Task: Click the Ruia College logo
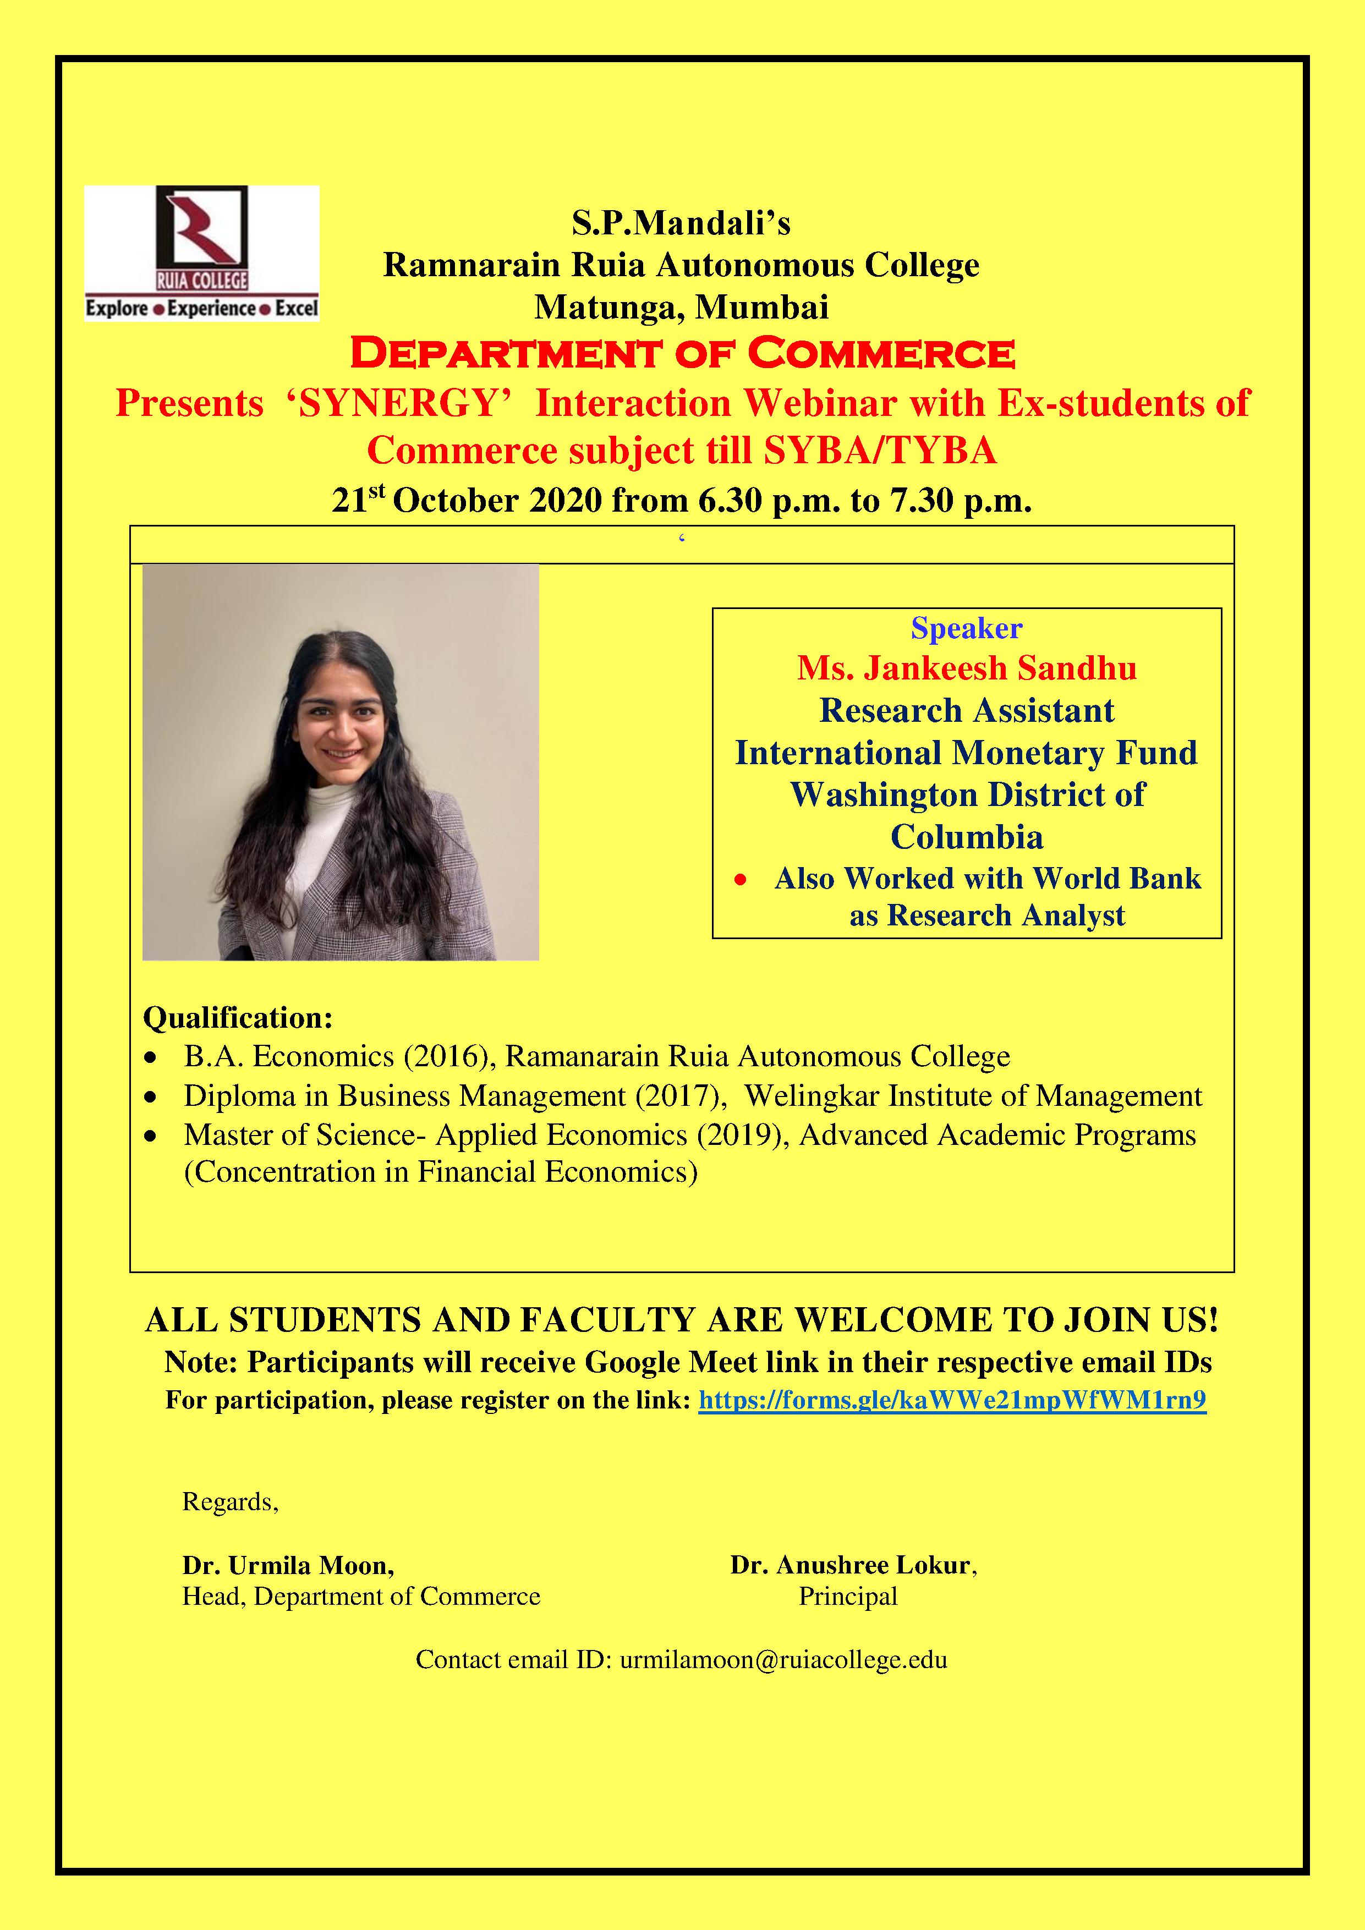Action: (x=202, y=253)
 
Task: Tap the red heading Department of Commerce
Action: (x=682, y=354)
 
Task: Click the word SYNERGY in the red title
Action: (x=399, y=403)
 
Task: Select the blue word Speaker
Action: (x=967, y=628)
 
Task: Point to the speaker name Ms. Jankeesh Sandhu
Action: (x=967, y=668)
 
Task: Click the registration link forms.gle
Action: (x=952, y=1400)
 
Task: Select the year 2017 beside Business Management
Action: (x=680, y=1096)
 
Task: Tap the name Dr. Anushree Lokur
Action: (x=852, y=1565)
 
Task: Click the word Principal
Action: (x=848, y=1596)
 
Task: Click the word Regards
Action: (x=229, y=1502)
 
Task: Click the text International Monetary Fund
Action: (x=967, y=753)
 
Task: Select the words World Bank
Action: (x=1117, y=879)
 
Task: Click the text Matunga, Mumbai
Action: (x=682, y=307)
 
